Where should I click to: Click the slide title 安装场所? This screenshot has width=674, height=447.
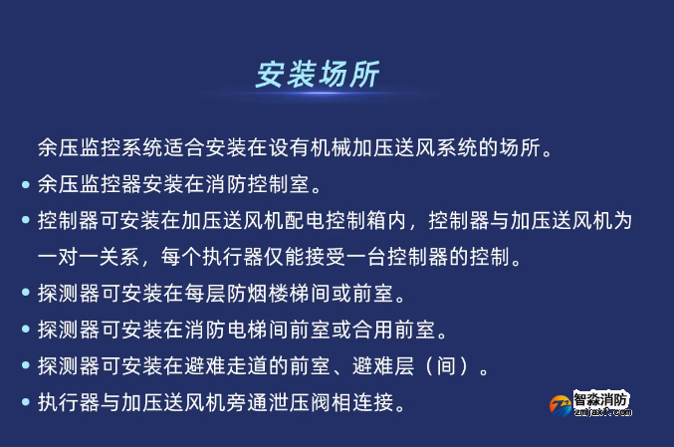click(317, 76)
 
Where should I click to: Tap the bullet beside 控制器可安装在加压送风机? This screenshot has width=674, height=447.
click(25, 220)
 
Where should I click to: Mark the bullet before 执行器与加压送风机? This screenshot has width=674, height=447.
click(25, 402)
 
